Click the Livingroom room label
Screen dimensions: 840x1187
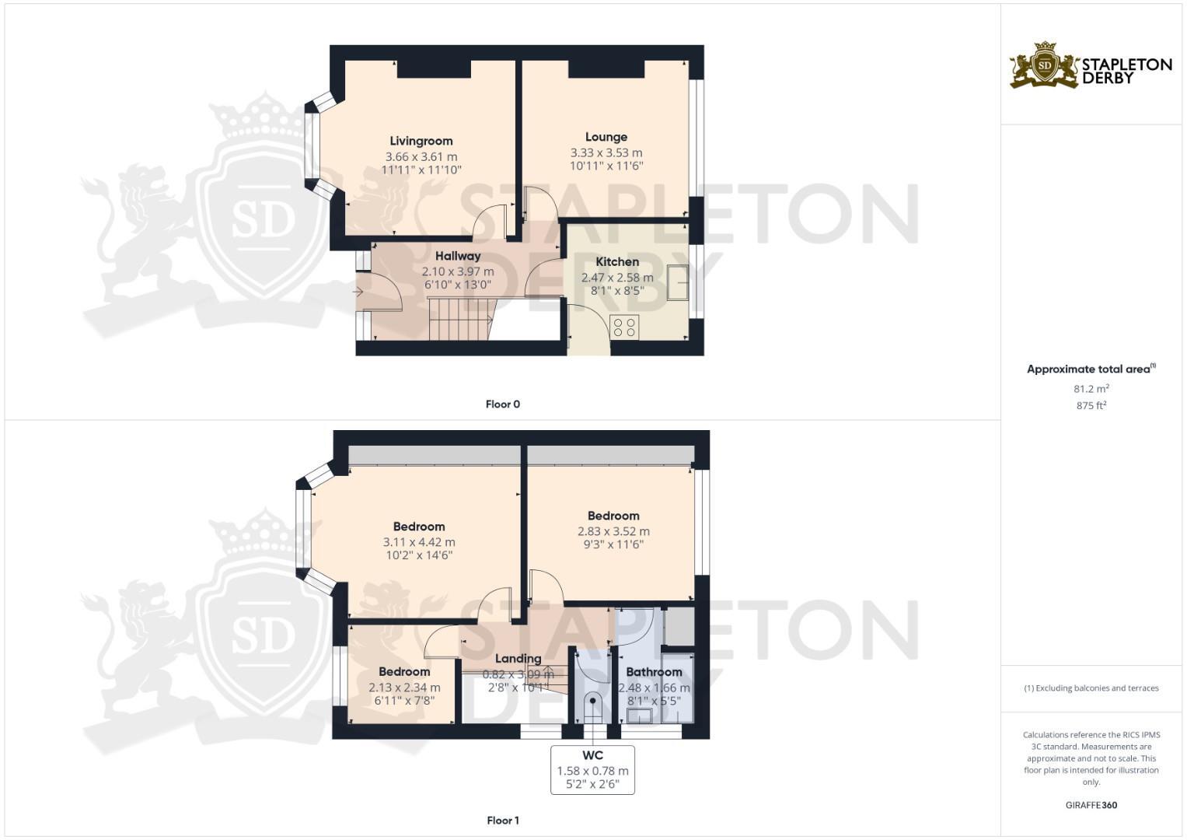tap(421, 141)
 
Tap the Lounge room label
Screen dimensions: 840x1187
tap(606, 137)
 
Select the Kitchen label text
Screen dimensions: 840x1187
tap(617, 262)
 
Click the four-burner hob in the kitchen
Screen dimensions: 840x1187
tap(624, 327)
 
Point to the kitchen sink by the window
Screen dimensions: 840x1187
tap(677, 282)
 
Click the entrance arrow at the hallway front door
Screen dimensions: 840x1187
tap(358, 292)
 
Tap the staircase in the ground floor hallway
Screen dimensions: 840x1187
tap(460, 319)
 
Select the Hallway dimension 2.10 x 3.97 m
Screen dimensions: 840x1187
tap(458, 271)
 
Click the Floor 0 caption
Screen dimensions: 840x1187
tap(503, 404)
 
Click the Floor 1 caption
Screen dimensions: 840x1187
tap(503, 821)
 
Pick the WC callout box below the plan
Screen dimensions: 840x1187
tap(592, 770)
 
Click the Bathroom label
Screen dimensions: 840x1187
tap(654, 672)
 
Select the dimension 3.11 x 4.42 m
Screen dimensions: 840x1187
tap(419, 542)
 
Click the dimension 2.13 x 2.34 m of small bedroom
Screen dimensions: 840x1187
tap(404, 688)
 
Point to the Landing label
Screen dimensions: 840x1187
tap(518, 658)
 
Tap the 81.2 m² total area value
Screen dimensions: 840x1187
tap(1091, 388)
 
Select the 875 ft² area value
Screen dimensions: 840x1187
tap(1091, 405)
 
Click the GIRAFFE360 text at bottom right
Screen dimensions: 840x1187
tap(1091, 805)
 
